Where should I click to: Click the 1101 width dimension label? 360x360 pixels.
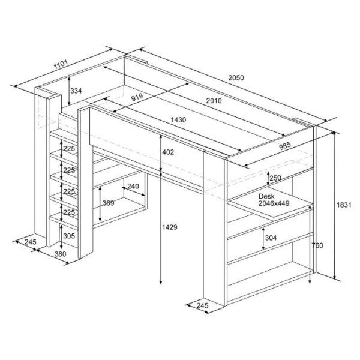tap(61, 64)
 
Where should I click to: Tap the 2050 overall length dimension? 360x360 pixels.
tap(236, 78)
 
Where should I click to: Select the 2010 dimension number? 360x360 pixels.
tap(214, 101)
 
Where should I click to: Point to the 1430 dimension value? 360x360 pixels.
tap(178, 119)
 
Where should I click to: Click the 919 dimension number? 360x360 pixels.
tap(137, 97)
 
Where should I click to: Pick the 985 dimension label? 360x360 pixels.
tap(285, 146)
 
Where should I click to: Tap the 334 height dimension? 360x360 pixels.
tap(76, 91)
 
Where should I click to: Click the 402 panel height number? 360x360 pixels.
tap(168, 152)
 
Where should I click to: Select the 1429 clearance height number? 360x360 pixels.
tap(170, 227)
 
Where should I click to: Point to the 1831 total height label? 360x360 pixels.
tap(344, 205)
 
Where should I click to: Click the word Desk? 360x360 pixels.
tap(266, 196)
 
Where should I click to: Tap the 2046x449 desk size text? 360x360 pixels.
tap(274, 203)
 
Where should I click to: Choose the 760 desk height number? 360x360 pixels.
tap(317, 245)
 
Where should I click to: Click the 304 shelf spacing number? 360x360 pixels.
tap(271, 238)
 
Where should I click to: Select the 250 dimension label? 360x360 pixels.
tap(275, 178)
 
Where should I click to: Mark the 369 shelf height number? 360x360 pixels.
tap(108, 203)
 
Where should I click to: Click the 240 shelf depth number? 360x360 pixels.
tap(133, 186)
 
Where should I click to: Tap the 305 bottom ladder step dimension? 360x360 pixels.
tap(69, 236)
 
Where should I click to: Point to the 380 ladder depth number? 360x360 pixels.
tap(61, 254)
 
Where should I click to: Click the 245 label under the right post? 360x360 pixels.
tap(202, 305)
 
